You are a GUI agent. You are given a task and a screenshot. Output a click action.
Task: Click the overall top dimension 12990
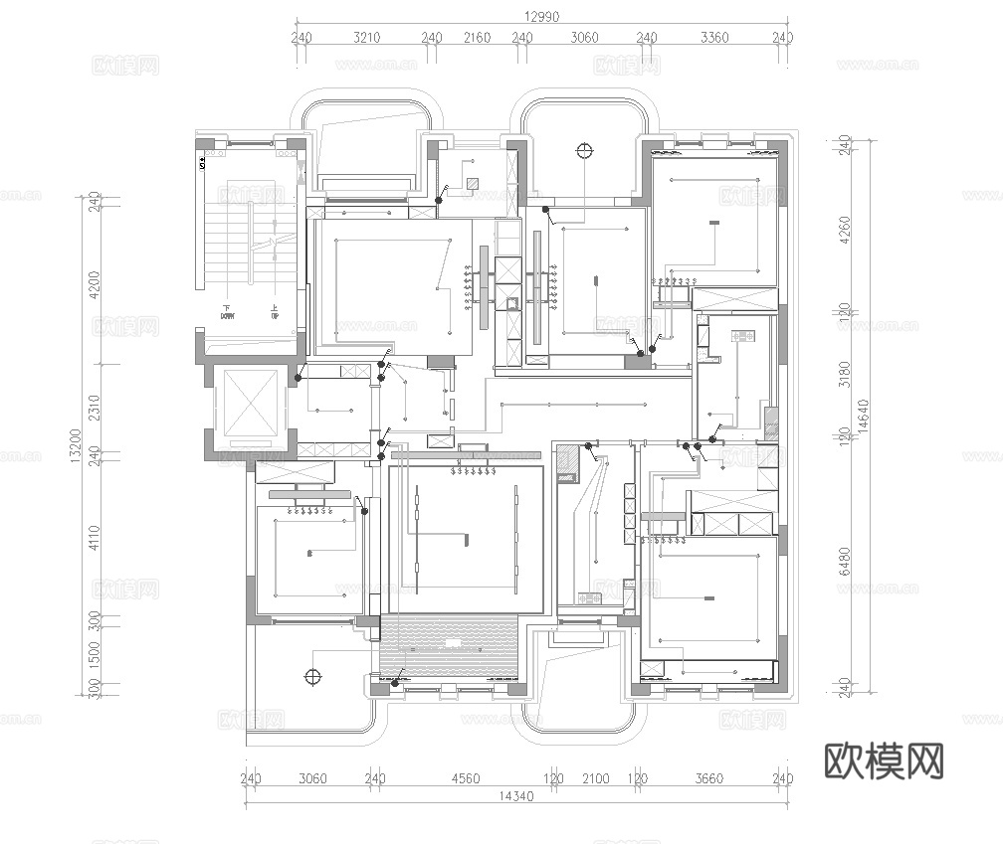(541, 15)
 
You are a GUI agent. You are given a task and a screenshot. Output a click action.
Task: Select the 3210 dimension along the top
(367, 38)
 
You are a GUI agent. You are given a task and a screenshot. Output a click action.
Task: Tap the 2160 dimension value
(477, 38)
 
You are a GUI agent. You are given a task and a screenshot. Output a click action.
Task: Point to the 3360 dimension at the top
(714, 38)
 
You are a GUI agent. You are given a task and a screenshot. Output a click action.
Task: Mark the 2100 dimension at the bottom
(595, 778)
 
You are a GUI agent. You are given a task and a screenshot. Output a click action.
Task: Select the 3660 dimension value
(709, 778)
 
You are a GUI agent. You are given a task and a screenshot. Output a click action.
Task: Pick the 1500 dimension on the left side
(96, 654)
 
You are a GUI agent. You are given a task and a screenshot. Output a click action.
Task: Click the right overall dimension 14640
(865, 418)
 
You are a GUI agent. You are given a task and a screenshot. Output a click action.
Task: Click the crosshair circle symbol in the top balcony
(584, 151)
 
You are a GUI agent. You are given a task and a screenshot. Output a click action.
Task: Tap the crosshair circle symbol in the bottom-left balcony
(312, 677)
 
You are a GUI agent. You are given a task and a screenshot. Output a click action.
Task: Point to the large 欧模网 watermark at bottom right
(884, 761)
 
